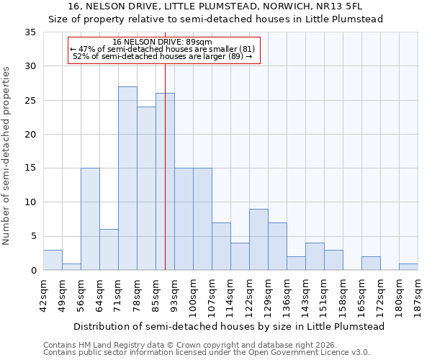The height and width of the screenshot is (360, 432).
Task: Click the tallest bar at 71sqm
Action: [127, 179]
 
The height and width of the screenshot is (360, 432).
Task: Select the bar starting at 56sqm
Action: [90, 219]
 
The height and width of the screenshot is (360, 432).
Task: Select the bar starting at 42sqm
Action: [53, 260]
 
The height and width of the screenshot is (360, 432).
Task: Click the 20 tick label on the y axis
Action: [32, 135]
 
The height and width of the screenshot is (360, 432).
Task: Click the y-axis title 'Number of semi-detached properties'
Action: [7, 156]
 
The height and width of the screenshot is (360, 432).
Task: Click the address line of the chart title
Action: [216, 6]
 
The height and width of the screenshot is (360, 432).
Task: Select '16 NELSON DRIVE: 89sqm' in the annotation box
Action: [163, 42]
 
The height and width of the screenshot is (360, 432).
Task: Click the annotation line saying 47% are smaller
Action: [163, 49]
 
